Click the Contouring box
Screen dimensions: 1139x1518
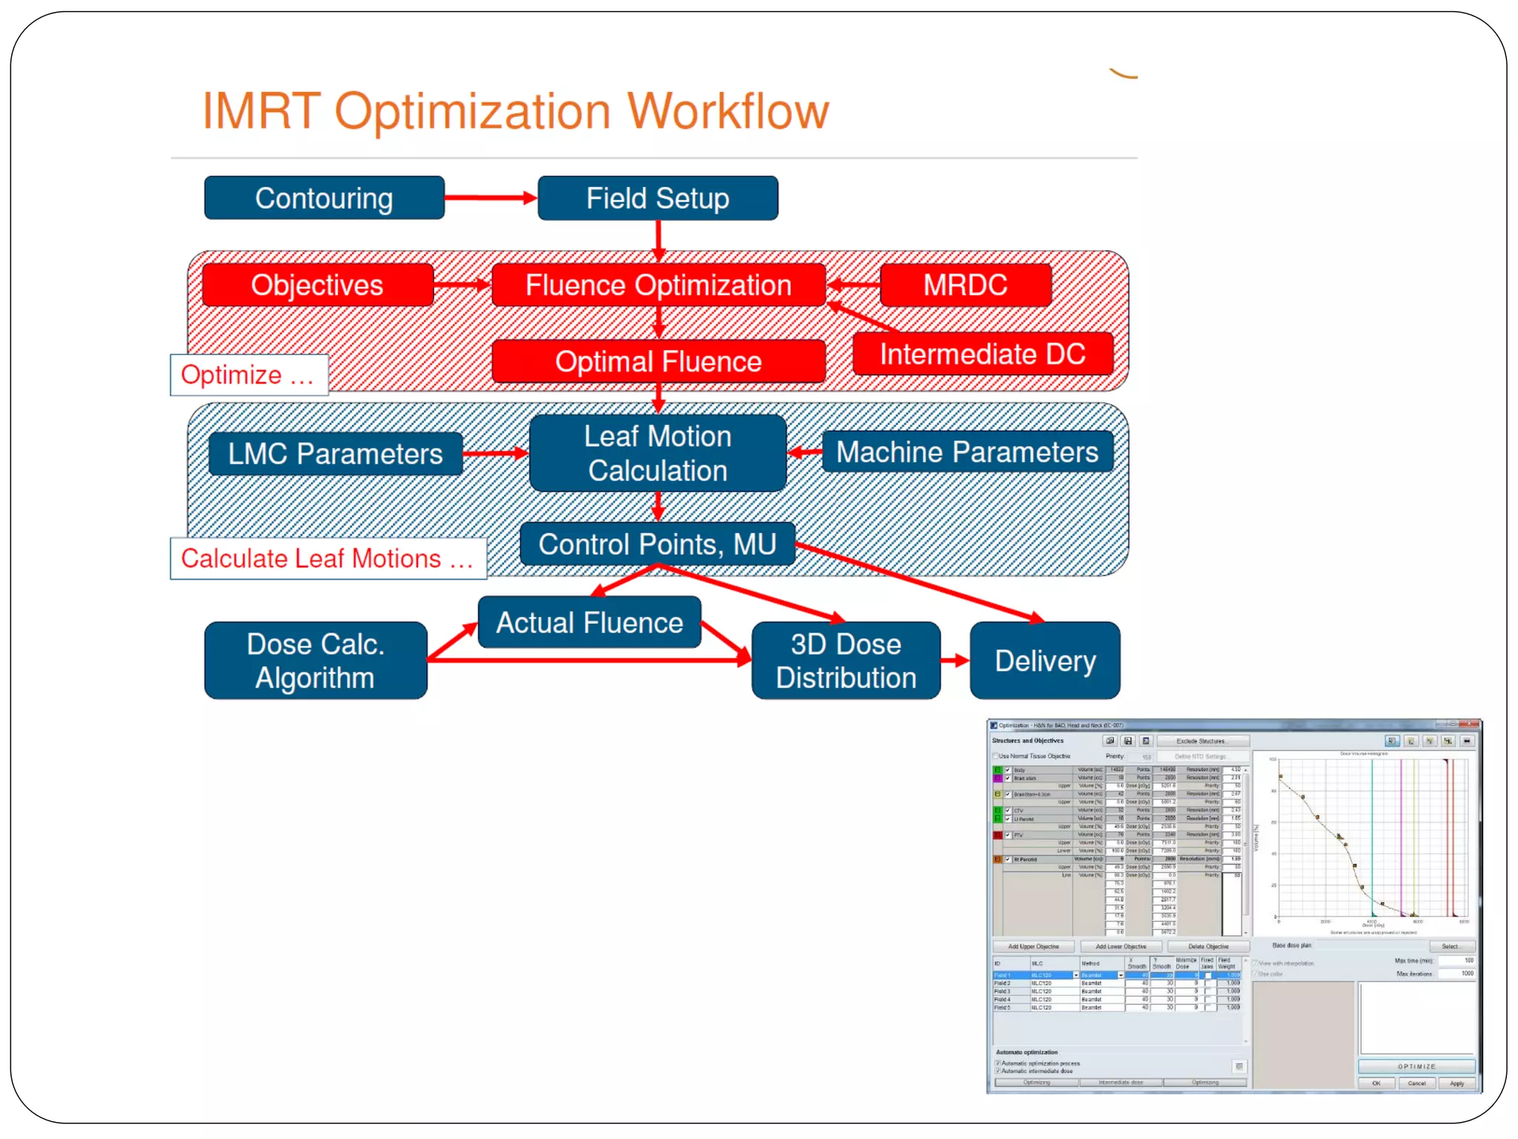pos(324,198)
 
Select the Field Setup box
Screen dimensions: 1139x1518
pos(657,198)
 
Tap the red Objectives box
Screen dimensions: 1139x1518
pos(317,285)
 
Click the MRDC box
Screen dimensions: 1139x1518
pos(965,285)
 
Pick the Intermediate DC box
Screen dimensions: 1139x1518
pos(982,354)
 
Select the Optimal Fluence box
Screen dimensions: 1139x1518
pos(658,362)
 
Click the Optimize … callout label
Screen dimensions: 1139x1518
pos(248,375)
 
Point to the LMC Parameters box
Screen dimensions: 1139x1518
pos(335,454)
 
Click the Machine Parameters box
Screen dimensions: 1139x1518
pos(967,452)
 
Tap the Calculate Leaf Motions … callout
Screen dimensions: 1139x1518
pos(328,558)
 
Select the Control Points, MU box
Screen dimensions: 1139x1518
pos(657,544)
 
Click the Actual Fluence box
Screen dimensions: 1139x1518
pos(589,623)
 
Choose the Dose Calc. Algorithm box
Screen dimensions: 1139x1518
pos(315,661)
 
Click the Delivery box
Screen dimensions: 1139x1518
pos(1044,661)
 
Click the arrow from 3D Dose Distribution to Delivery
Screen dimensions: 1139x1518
pos(955,660)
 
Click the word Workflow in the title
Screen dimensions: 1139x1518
pos(728,111)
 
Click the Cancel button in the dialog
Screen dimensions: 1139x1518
pos(1416,1083)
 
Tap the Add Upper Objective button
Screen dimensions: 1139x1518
pos(1033,947)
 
